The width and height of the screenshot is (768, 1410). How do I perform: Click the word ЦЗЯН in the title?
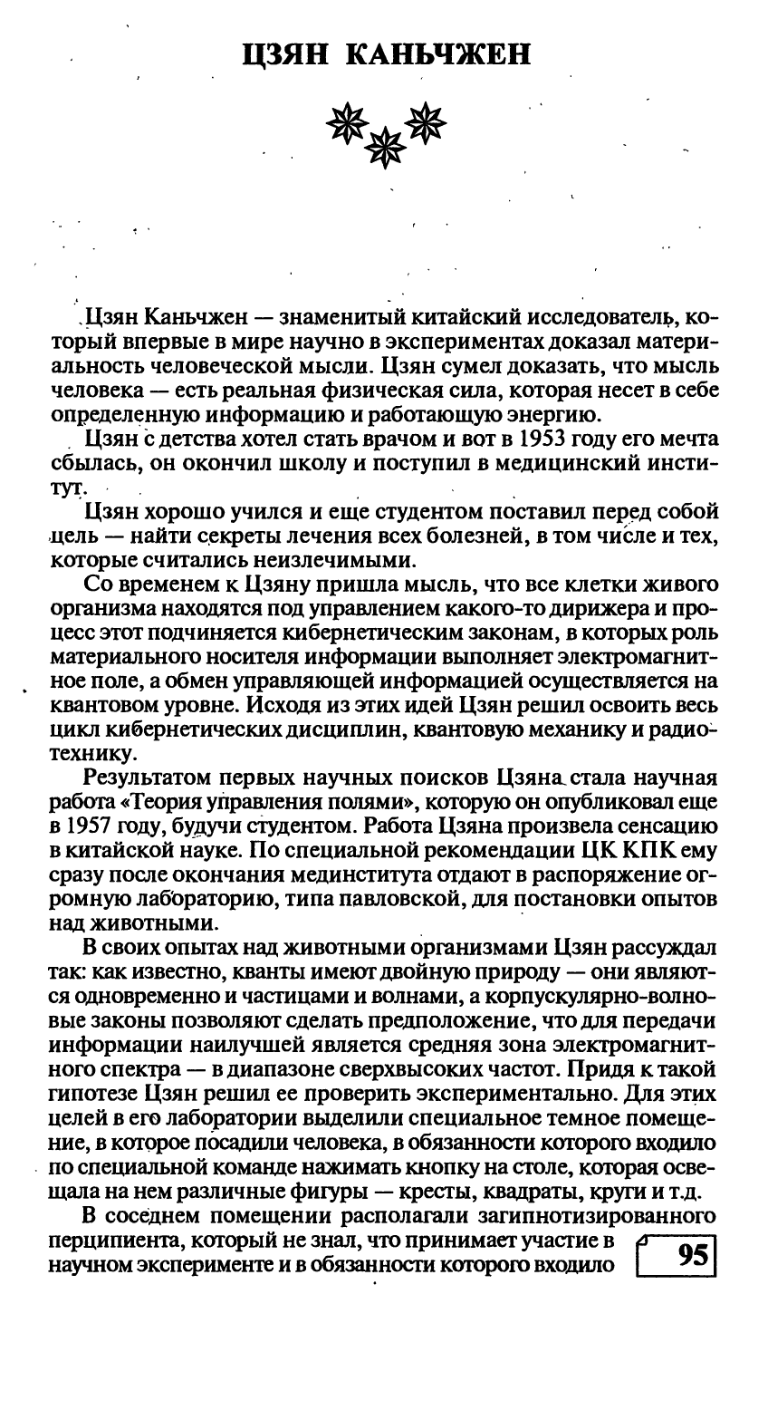point(289,57)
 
